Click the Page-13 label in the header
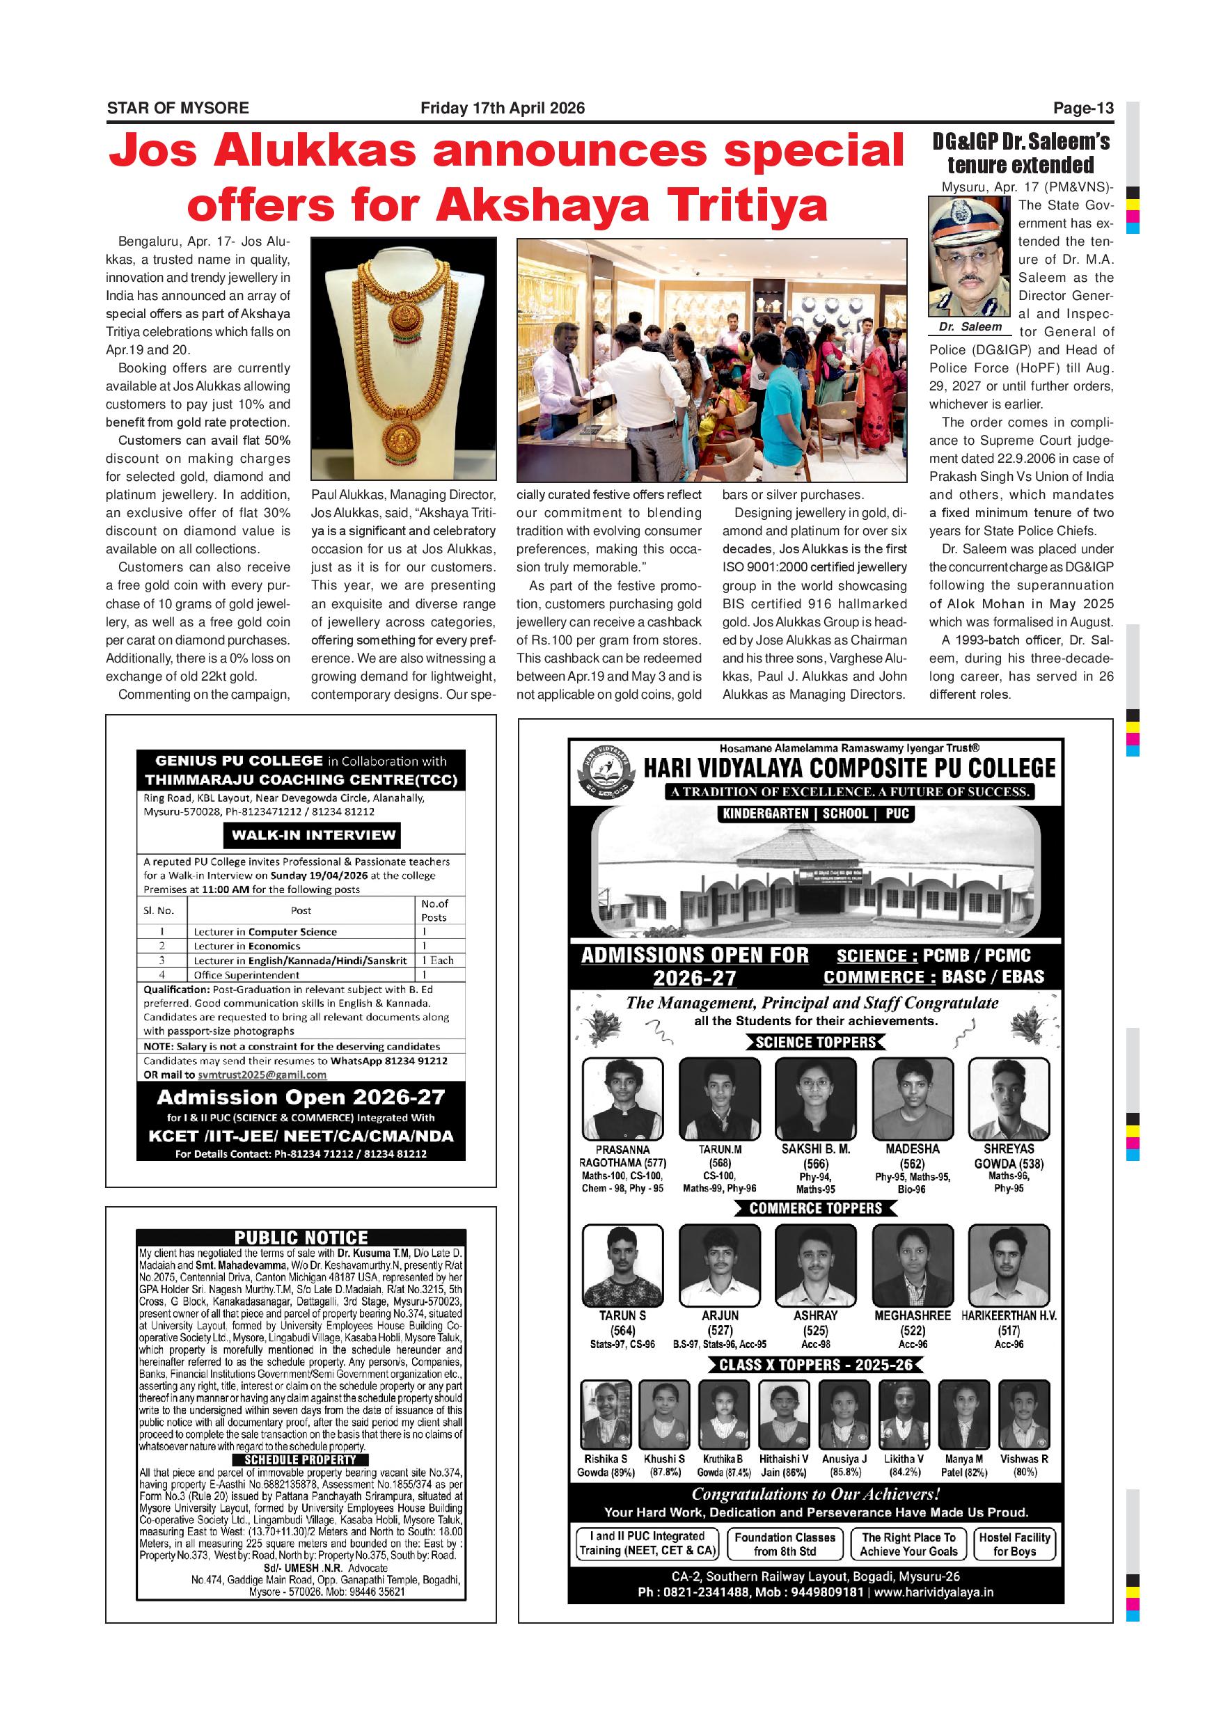point(1082,109)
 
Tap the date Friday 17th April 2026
point(502,109)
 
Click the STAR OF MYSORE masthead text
point(178,109)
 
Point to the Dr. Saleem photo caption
point(970,327)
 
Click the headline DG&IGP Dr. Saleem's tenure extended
point(1021,153)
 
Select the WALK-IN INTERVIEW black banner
point(313,835)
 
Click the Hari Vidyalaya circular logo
point(604,771)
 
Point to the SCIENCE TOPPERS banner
point(815,1043)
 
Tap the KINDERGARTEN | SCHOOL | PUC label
point(815,814)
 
